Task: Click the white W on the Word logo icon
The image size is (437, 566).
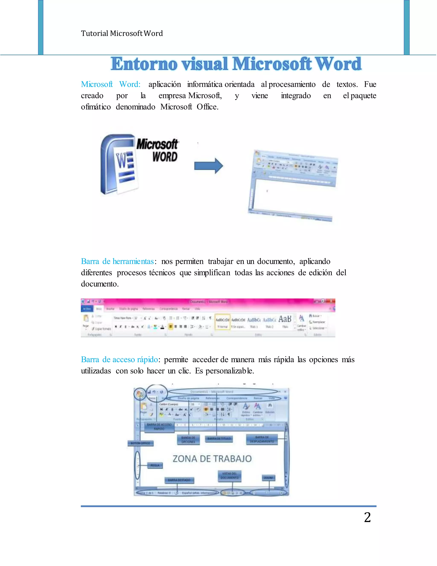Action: (121, 161)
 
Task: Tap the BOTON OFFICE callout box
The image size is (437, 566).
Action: (140, 443)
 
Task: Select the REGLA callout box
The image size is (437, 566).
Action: (155, 465)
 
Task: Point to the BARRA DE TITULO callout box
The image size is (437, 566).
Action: (219, 438)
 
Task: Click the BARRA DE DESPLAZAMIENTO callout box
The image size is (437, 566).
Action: (262, 439)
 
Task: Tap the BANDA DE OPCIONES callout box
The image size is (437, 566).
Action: (188, 440)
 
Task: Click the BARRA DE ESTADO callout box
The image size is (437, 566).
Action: (179, 480)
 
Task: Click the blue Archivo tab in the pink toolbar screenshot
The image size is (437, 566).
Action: (87, 309)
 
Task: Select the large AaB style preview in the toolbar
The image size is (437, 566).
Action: (285, 319)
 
